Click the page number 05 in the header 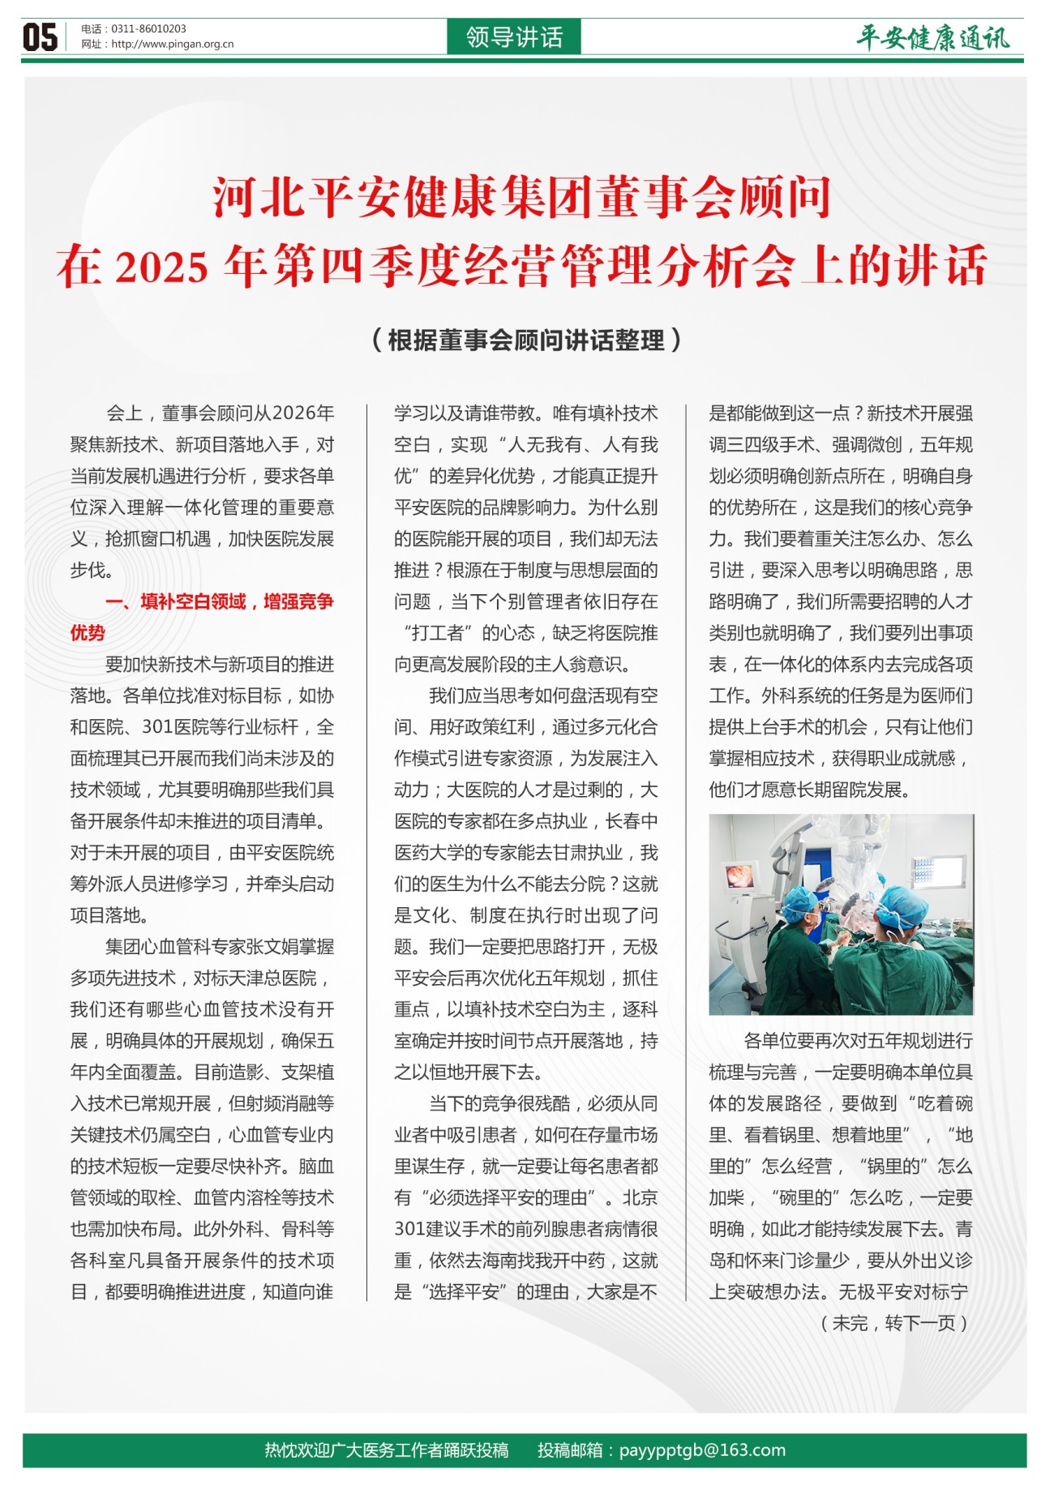coord(40,37)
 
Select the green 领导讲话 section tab coord(514,37)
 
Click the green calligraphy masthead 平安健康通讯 coord(933,37)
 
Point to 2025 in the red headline coord(162,268)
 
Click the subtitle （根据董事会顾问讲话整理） coord(526,340)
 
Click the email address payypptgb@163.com coord(702,1450)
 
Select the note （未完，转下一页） coord(894,1324)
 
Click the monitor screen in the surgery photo coord(739,876)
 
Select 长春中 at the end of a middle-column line coord(632,821)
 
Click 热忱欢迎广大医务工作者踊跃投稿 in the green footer coord(387,1450)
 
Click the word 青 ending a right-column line coord(964,1229)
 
